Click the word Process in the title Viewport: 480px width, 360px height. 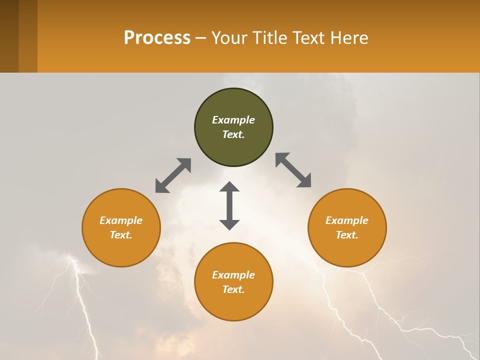click(157, 37)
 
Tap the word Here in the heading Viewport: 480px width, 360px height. click(347, 37)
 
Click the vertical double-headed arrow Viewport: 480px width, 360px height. click(229, 206)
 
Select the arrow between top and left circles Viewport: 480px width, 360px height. click(173, 175)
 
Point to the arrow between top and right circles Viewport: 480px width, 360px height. click(293, 170)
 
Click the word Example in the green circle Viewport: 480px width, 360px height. click(233, 120)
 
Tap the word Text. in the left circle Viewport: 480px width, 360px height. click(121, 235)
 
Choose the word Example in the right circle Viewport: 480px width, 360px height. click(347, 220)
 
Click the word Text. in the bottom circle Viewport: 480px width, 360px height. click(233, 289)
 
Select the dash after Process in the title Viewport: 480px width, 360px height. click(200, 38)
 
